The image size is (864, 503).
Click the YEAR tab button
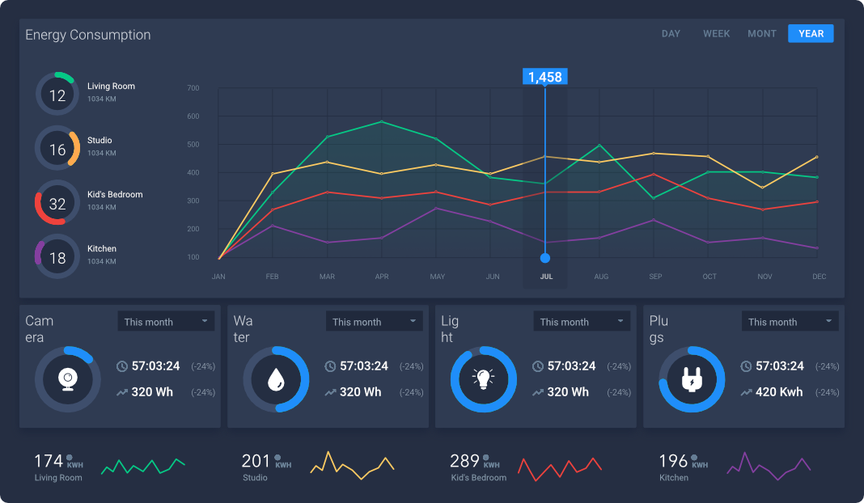[x=811, y=33]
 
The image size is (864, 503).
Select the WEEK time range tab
[x=716, y=34]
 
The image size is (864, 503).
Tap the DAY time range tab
[x=671, y=34]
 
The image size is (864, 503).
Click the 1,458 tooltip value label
[x=544, y=77]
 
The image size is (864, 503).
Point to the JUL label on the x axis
[x=546, y=277]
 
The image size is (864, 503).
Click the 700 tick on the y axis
[x=193, y=88]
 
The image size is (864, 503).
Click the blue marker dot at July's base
[x=544, y=258]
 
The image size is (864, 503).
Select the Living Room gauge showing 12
[x=57, y=95]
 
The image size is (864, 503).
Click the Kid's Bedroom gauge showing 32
[x=57, y=203]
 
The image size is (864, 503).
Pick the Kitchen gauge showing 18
[x=57, y=257]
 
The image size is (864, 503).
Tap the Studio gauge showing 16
[x=57, y=149]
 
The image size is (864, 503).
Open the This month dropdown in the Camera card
[x=166, y=322]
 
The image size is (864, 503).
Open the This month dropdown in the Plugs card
[x=790, y=322]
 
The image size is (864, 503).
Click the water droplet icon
[x=276, y=379]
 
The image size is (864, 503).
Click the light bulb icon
[x=484, y=379]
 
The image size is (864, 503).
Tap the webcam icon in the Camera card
[x=68, y=379]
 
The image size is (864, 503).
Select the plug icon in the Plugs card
[x=692, y=379]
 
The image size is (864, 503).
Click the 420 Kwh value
[x=779, y=392]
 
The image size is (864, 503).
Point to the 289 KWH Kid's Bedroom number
[x=465, y=461]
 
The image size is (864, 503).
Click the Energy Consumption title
[x=88, y=35]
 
